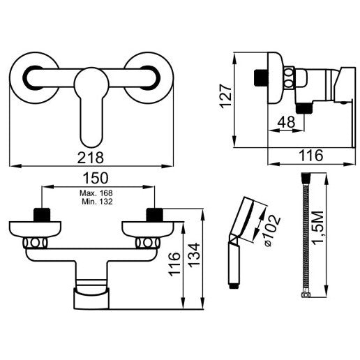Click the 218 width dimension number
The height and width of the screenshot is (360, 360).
pos(90,158)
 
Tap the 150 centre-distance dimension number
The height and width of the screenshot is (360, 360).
pos(96,178)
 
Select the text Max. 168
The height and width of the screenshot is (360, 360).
pos(96,193)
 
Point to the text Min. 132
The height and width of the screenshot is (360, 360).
pos(97,202)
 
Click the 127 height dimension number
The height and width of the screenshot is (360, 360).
pos(226,96)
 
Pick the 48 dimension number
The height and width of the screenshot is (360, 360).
pos(287,121)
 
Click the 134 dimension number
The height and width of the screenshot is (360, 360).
pos(194,255)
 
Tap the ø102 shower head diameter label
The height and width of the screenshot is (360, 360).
pos(272,230)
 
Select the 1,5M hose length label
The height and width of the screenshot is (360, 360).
pos(318,228)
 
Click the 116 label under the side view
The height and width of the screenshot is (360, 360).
pos(311,156)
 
